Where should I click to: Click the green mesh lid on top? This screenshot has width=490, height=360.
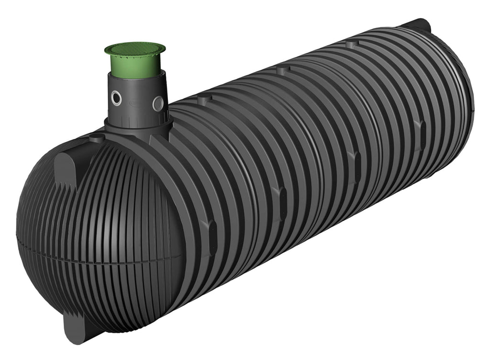point(135,49)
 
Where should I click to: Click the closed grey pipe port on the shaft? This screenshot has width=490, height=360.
point(158,103)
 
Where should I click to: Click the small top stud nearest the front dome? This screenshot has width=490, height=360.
point(98,138)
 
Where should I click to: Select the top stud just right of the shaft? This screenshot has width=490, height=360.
point(204,100)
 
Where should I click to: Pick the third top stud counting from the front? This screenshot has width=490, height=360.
point(282,71)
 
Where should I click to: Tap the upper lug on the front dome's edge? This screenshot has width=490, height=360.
point(67,168)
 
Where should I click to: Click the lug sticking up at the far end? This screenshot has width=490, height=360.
point(419,24)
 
